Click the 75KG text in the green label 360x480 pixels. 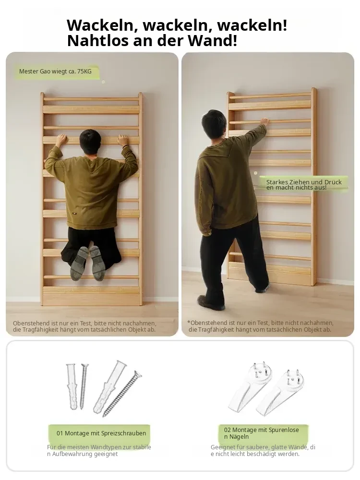[x=84, y=72]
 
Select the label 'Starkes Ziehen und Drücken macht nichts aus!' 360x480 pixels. [x=304, y=185]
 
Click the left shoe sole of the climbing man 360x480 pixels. [x=79, y=263]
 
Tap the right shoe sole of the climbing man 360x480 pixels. [x=96, y=263]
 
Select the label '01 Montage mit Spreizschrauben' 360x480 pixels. [x=101, y=433]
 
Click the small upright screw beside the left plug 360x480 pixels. [x=84, y=386]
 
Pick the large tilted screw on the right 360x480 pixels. [x=122, y=393]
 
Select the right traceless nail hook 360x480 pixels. [x=280, y=393]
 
